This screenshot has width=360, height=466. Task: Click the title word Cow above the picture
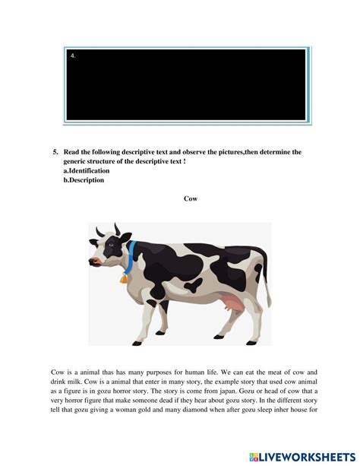point(191,199)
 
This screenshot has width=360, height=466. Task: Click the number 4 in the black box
point(72,55)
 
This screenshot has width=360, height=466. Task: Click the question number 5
point(56,152)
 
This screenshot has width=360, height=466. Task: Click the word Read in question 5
point(73,152)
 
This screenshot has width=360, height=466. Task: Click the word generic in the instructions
point(77,162)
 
